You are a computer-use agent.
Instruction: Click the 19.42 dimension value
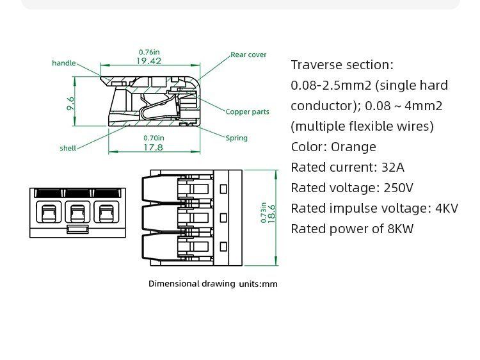(x=148, y=61)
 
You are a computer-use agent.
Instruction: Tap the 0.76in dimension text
(x=149, y=52)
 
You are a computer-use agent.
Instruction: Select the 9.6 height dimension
(x=70, y=104)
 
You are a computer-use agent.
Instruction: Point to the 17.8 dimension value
(x=153, y=147)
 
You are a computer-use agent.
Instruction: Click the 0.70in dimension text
(x=154, y=138)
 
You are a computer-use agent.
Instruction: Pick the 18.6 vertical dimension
(x=271, y=214)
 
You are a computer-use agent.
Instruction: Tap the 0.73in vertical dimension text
(x=263, y=212)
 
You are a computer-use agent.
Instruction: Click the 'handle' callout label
(x=64, y=63)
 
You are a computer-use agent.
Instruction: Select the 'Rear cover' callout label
(x=248, y=54)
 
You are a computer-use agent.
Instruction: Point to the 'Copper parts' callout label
(x=247, y=112)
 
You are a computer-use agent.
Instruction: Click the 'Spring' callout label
(x=236, y=138)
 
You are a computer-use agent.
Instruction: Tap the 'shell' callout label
(x=68, y=148)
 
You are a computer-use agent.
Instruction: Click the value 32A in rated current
(x=393, y=168)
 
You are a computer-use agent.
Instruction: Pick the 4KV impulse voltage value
(x=447, y=208)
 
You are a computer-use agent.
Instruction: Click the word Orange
(x=353, y=147)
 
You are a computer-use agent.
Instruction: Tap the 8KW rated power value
(x=401, y=229)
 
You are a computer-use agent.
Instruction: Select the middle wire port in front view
(x=77, y=212)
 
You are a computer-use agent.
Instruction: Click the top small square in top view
(x=223, y=189)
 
